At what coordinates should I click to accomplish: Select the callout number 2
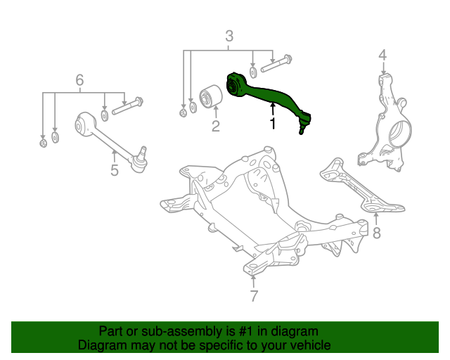point(215,127)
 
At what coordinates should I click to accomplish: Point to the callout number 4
point(382,55)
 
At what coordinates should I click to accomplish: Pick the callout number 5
point(114,169)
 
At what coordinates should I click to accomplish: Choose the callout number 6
point(79,79)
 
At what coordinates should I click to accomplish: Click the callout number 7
point(254,295)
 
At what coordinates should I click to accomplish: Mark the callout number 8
point(377,233)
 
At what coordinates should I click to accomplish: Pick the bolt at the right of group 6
point(127,105)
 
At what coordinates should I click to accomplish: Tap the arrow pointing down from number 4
point(382,68)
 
